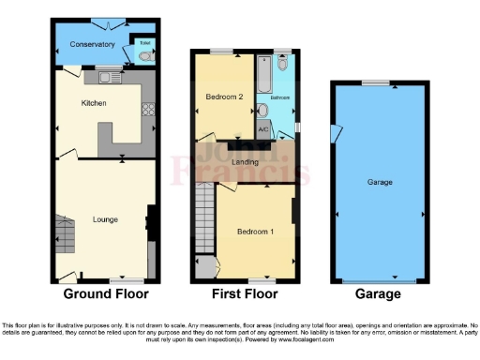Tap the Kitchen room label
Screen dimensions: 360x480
pyautogui.click(x=94, y=103)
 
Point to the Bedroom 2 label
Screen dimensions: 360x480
pyautogui.click(x=225, y=97)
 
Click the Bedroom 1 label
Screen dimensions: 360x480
pyautogui.click(x=255, y=232)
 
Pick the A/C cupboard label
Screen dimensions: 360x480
pyautogui.click(x=263, y=128)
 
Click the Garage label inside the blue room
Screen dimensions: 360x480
pyautogui.click(x=379, y=181)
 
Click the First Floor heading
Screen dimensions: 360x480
pyautogui.click(x=244, y=293)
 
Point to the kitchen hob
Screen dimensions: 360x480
pyautogui.click(x=148, y=109)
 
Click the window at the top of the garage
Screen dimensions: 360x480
pyautogui.click(x=378, y=82)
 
